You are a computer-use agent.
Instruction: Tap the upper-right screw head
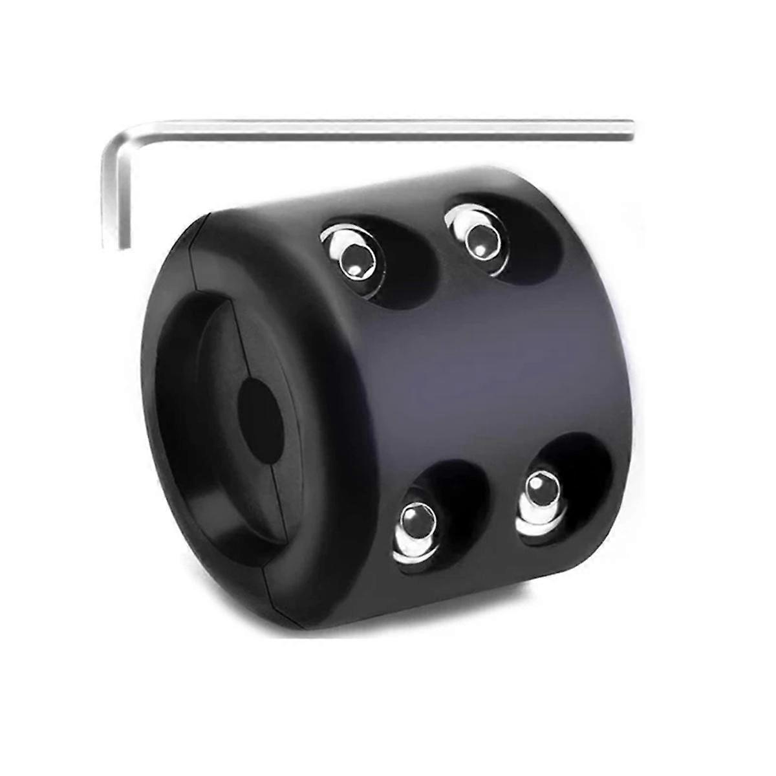coord(479,238)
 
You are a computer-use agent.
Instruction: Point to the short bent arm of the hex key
coord(116,194)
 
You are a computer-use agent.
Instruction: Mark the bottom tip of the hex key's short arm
coord(116,244)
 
